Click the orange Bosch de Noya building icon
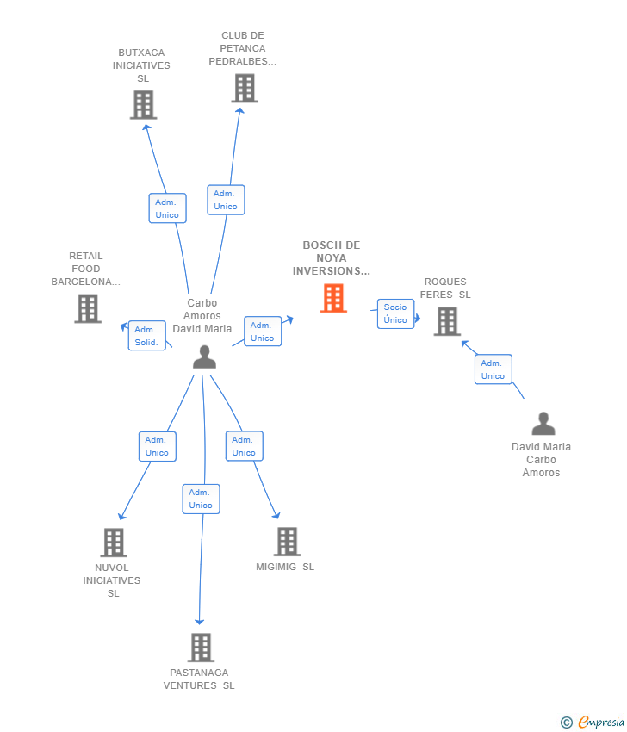click(333, 298)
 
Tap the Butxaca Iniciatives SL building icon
click(143, 104)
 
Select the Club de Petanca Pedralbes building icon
click(244, 88)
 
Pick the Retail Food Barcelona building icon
click(87, 308)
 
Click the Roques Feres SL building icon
click(446, 321)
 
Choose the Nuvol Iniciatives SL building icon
click(114, 543)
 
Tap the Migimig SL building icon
click(287, 542)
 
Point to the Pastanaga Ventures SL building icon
click(200, 648)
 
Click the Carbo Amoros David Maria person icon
click(204, 357)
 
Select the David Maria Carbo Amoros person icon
click(543, 424)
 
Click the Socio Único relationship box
click(395, 313)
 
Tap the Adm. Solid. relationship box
click(145, 336)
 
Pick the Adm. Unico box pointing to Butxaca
click(167, 208)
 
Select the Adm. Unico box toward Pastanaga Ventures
click(201, 499)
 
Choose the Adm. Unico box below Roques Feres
click(493, 369)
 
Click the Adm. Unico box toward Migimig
click(244, 446)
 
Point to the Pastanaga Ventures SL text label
click(199, 679)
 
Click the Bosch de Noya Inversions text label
click(331, 258)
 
